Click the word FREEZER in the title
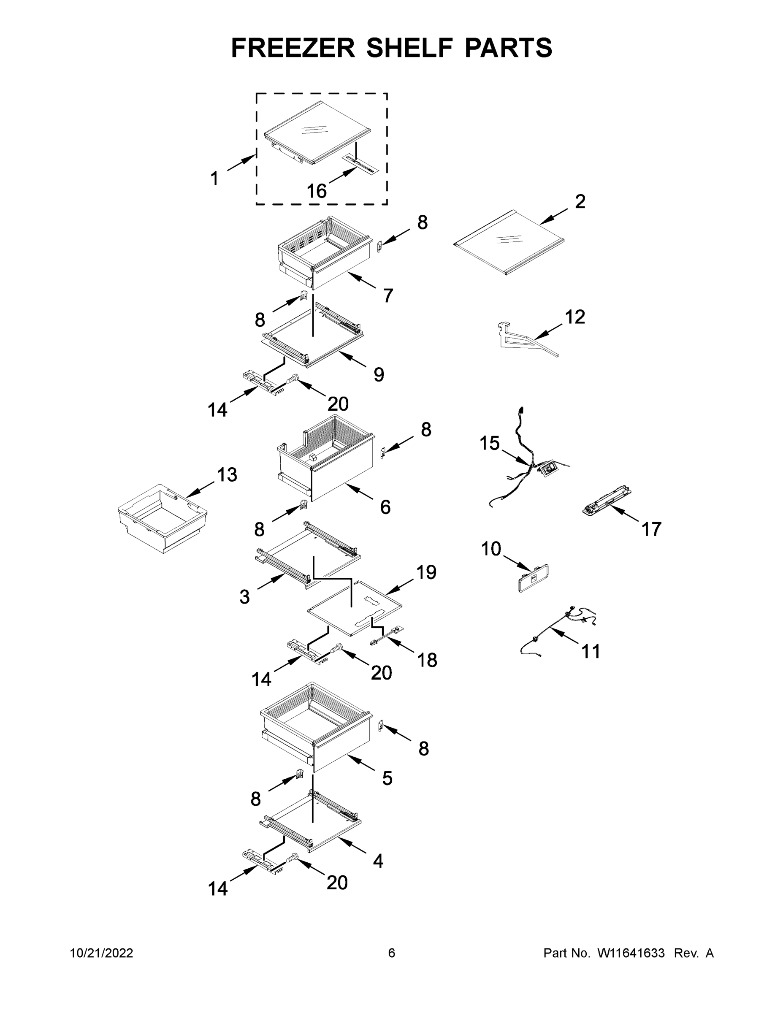(293, 48)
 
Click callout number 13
(227, 474)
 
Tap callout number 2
(580, 201)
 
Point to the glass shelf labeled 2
(509, 243)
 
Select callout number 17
(651, 529)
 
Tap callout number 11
(591, 651)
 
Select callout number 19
(426, 572)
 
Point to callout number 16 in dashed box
(317, 191)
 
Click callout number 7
(388, 295)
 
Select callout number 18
(427, 660)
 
